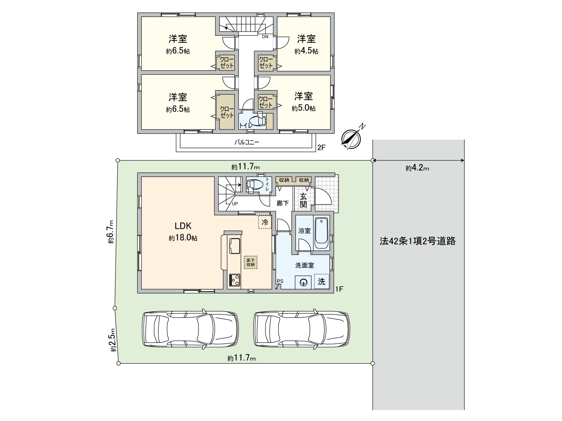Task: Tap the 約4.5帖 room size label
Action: tap(306, 51)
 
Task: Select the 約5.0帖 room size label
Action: tap(303, 108)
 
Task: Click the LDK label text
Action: tap(183, 226)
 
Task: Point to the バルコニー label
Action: tap(247, 142)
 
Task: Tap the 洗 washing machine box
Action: tap(322, 281)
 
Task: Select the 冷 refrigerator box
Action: tap(265, 222)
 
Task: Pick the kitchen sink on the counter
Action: tap(234, 245)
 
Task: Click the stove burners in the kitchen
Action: tap(234, 280)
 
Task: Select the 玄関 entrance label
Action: tap(303, 200)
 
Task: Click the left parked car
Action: tap(190, 329)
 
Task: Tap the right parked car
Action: tap(302, 329)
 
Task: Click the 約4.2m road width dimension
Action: tap(417, 168)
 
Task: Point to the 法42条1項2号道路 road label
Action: tap(417, 241)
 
